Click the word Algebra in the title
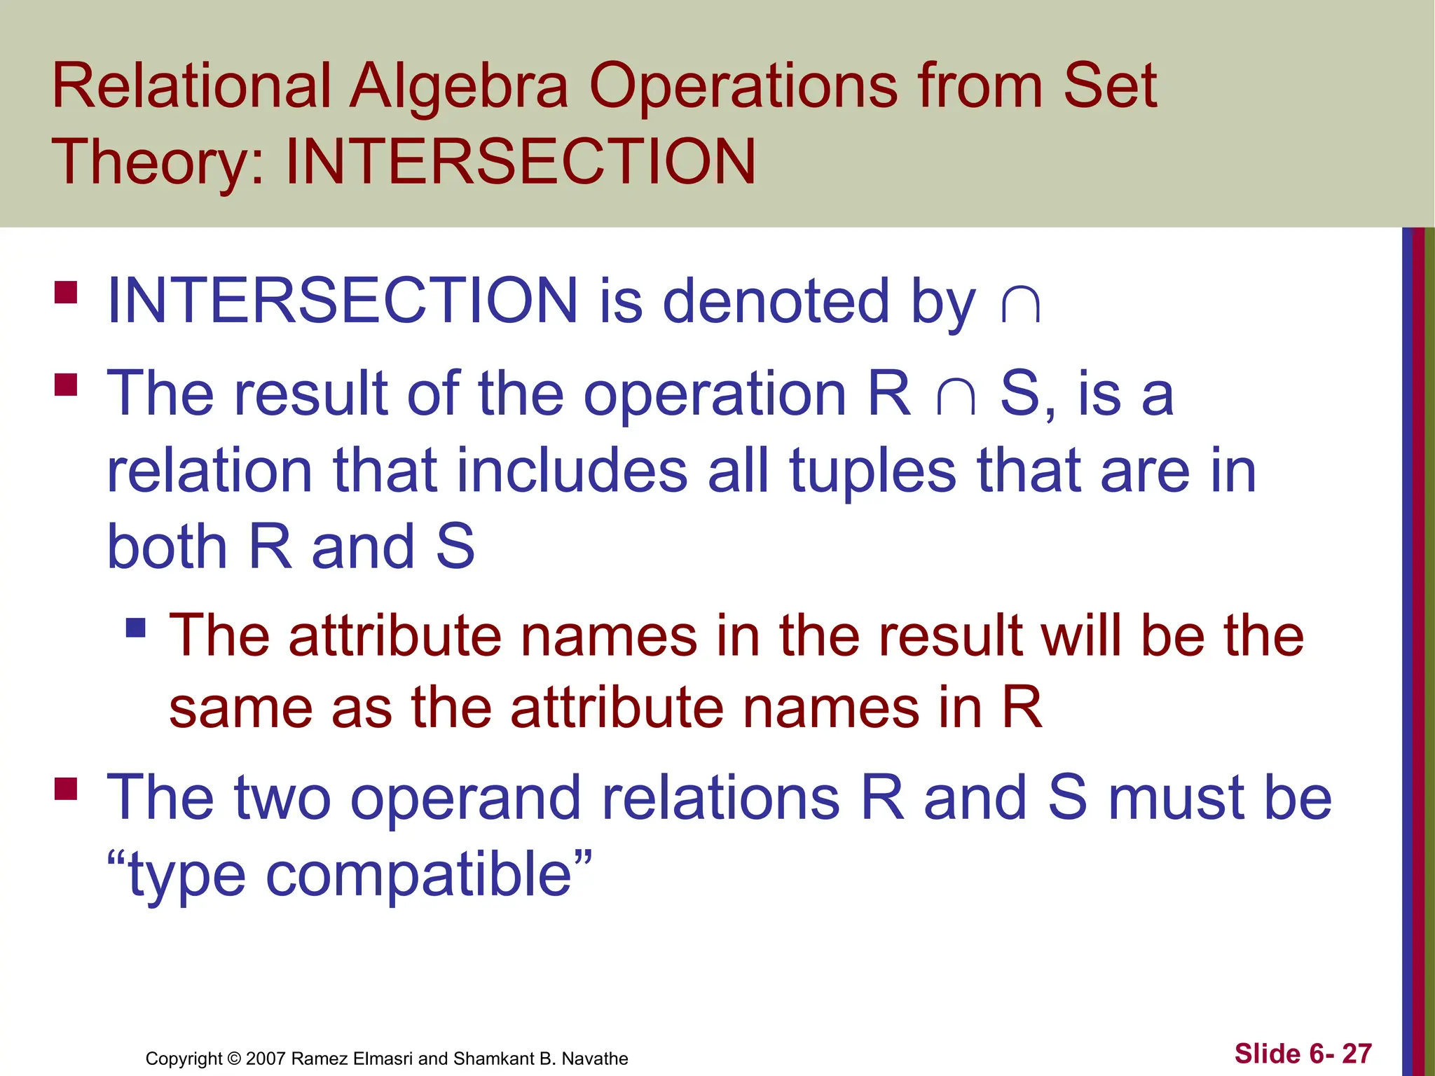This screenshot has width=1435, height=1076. tap(459, 87)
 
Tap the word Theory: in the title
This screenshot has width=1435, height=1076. tap(158, 163)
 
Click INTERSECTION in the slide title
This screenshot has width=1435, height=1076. tap(521, 162)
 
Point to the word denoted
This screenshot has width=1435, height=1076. tap(775, 301)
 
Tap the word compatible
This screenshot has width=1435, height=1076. tap(419, 875)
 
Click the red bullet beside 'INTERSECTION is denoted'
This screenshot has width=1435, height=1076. tap(66, 292)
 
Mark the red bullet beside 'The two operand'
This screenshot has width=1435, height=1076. tap(66, 789)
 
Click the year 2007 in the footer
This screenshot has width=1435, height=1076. tap(266, 1058)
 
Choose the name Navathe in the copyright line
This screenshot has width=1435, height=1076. tap(595, 1058)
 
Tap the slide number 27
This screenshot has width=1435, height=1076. tap(1357, 1054)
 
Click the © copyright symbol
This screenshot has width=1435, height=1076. tap(234, 1058)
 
